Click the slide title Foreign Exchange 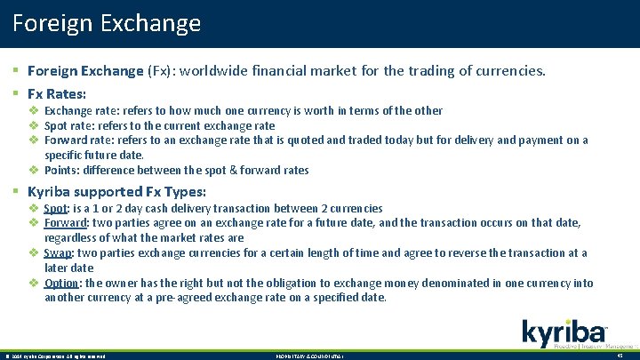(x=107, y=22)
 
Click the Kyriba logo (x=564, y=333)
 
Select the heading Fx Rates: (x=57, y=92)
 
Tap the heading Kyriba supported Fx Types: (x=116, y=191)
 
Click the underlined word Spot (x=56, y=208)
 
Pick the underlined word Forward (x=66, y=223)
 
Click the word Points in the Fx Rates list (x=61, y=170)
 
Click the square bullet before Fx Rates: (x=18, y=92)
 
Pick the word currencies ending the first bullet (x=514, y=70)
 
